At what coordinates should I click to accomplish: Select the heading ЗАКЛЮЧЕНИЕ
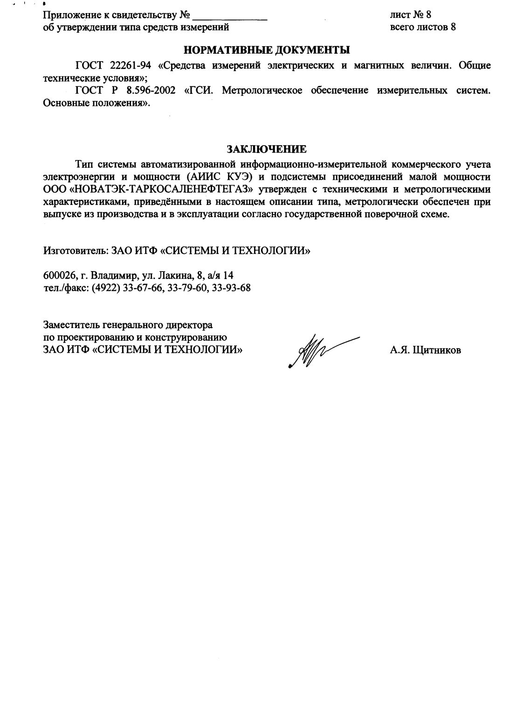267,149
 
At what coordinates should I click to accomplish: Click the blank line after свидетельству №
230,16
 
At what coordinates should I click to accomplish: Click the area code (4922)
107,287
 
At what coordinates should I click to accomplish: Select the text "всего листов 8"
423,27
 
